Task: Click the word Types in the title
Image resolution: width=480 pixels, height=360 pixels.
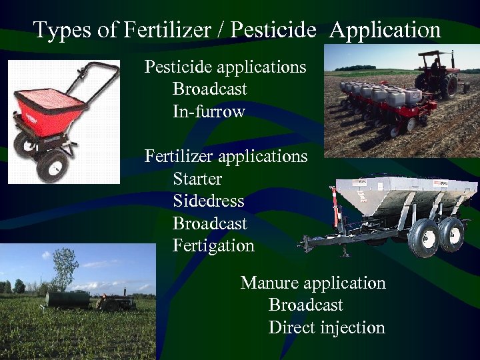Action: [x=59, y=30]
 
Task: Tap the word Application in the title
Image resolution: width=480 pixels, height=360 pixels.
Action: [x=385, y=30]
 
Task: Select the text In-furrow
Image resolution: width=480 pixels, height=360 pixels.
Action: [x=209, y=111]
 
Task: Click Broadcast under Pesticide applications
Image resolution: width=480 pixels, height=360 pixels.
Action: [x=209, y=89]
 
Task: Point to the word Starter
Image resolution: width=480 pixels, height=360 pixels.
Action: [x=197, y=179]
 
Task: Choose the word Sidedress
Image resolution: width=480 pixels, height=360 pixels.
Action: [x=208, y=201]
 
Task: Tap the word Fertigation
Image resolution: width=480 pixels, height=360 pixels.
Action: [x=213, y=245]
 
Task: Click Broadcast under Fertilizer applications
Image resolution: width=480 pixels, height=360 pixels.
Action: [x=209, y=223]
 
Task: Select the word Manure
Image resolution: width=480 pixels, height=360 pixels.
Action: [x=269, y=283]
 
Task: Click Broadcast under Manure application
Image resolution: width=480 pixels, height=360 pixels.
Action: [x=305, y=305]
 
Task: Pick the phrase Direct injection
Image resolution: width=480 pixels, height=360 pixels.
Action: [x=327, y=327]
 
